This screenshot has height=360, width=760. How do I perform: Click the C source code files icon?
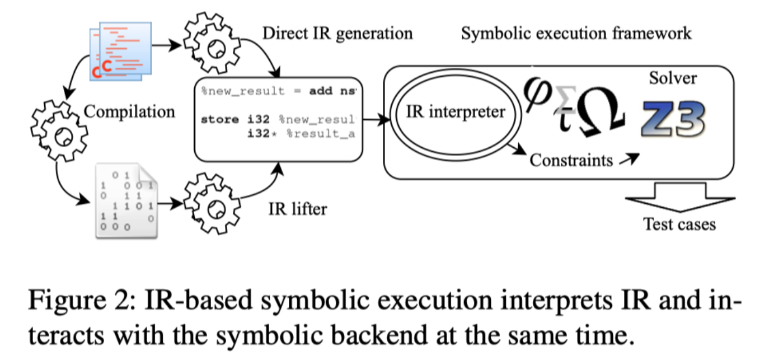[x=121, y=49]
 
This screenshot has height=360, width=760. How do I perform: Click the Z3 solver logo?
[x=674, y=119]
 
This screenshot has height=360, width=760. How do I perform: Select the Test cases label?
[x=679, y=224]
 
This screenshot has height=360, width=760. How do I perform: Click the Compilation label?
[x=129, y=111]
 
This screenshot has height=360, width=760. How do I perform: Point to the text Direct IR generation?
[x=337, y=33]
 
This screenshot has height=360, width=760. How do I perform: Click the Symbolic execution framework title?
[x=576, y=33]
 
